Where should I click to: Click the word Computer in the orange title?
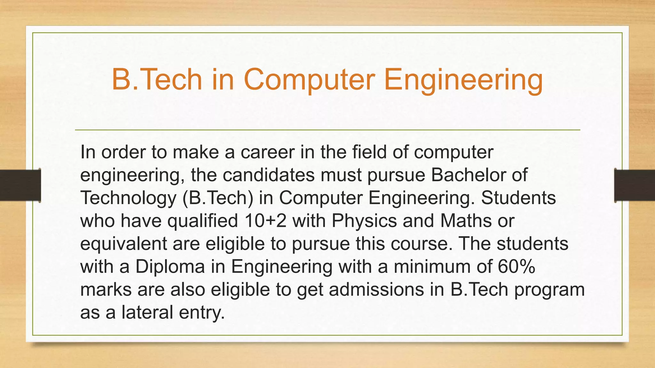click(x=309, y=80)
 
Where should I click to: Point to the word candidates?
click(x=269, y=175)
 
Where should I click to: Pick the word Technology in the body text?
click(x=128, y=198)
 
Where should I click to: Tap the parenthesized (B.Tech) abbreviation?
click(x=218, y=198)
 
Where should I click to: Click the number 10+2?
click(x=265, y=221)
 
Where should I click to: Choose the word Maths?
click(x=466, y=221)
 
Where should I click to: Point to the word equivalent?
click(x=123, y=244)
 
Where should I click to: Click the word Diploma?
click(x=170, y=267)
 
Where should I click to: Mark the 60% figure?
click(x=516, y=267)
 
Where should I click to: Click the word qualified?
click(x=203, y=221)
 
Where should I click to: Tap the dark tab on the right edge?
click(x=635, y=185)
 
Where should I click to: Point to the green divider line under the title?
click(x=327, y=130)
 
